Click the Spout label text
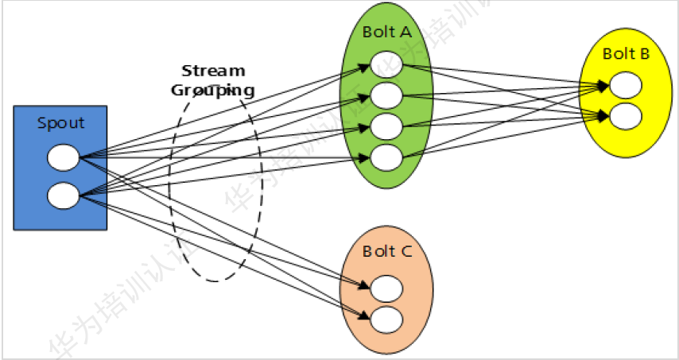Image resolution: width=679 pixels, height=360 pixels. point(60,123)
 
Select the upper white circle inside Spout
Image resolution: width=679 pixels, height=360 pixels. point(64,157)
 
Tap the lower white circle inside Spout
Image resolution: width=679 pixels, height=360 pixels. point(64,194)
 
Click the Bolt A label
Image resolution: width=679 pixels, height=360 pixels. point(386,33)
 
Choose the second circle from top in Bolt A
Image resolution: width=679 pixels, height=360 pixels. point(386,95)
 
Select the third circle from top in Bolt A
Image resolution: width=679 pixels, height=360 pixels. point(386,126)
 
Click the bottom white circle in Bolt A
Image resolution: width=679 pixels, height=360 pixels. point(386,157)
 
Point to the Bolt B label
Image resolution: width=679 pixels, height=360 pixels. point(626,54)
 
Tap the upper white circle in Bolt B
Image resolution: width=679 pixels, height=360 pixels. point(626,84)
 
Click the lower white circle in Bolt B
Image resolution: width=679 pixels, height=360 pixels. point(626,116)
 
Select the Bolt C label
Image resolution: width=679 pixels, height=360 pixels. point(387,252)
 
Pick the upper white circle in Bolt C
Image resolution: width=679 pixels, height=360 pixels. point(386,287)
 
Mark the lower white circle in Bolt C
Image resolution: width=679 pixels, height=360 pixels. point(386,319)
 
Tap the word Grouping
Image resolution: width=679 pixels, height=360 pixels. point(213,90)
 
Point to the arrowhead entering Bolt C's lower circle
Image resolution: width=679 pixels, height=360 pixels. point(367,317)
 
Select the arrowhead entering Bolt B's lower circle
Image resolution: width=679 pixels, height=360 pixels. point(605,115)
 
